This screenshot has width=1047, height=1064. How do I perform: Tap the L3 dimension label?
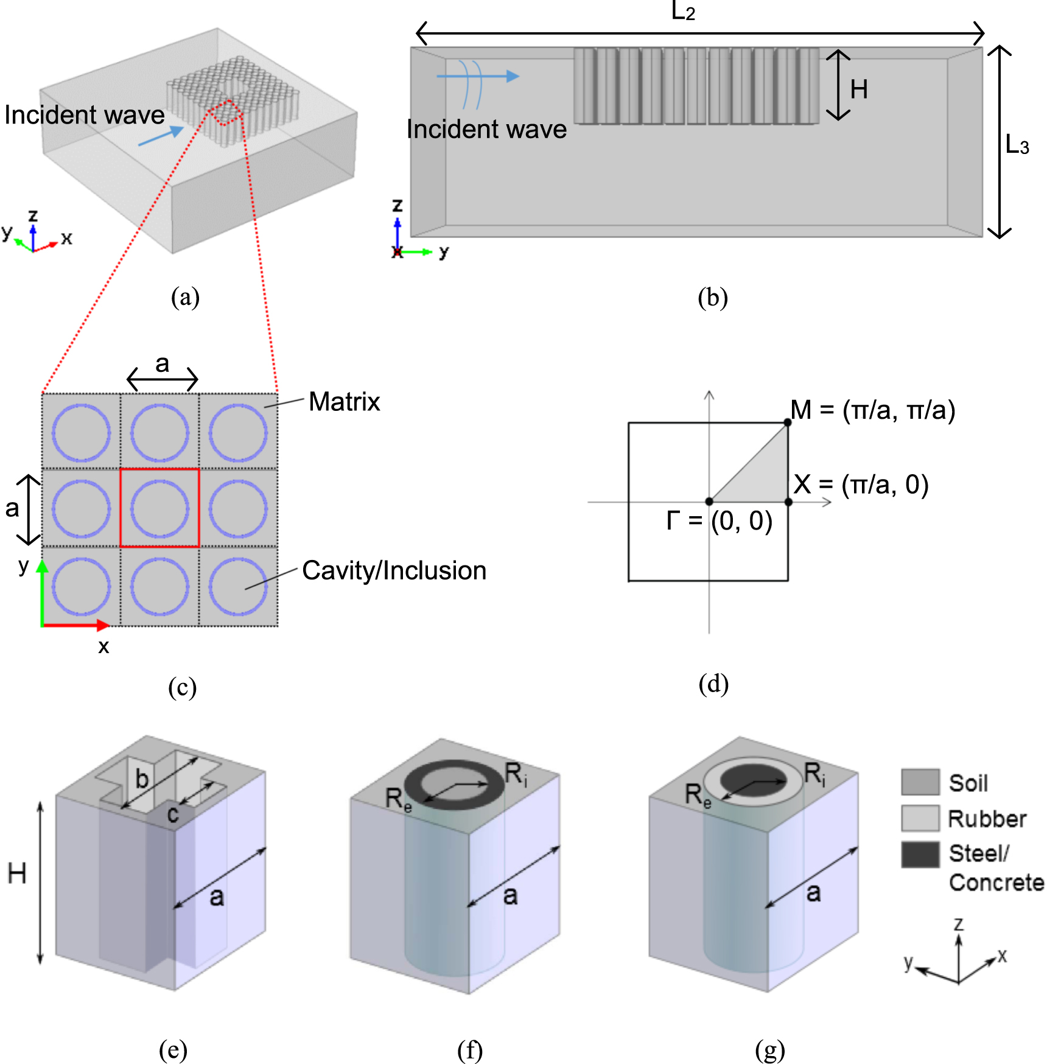[1017, 145]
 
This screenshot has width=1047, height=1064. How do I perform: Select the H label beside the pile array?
[859, 89]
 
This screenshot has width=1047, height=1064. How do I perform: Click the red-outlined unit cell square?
[159, 508]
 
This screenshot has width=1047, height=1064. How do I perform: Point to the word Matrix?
[344, 402]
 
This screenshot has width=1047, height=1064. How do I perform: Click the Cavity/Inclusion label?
[394, 570]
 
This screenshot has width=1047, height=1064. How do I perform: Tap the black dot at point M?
[787, 422]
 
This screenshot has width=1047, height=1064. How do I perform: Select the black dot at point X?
[788, 502]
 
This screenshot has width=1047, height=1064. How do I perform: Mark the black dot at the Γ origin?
[709, 502]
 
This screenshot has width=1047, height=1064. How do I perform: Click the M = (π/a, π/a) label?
[872, 410]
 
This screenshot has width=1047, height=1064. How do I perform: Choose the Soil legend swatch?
[920, 782]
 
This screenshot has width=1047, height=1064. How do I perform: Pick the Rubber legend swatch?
[920, 818]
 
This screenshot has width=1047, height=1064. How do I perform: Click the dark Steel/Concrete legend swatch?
[920, 854]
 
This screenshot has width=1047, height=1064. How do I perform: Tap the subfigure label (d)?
[713, 684]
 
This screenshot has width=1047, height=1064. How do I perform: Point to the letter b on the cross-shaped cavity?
[142, 779]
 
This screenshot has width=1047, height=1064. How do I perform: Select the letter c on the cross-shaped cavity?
[173, 814]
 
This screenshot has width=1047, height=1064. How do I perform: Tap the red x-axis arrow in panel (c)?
[76, 625]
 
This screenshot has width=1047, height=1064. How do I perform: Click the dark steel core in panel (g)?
[754, 779]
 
